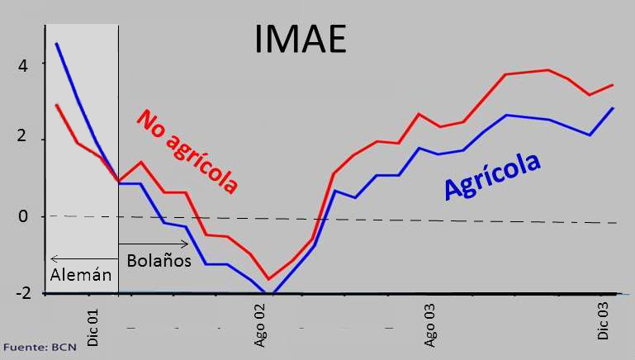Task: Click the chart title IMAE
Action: [x=298, y=38]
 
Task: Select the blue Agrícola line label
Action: [x=492, y=176]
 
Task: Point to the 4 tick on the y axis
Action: [x=23, y=64]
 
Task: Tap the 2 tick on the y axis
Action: [x=23, y=139]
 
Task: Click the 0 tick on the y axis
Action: [x=23, y=216]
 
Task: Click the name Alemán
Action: [x=80, y=276]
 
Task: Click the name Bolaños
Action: [x=159, y=260]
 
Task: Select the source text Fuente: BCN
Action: [x=40, y=347]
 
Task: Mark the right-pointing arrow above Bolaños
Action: [x=154, y=244]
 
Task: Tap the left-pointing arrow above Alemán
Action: [x=83, y=258]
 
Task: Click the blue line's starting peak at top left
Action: [x=56, y=43]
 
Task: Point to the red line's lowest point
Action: [x=268, y=279]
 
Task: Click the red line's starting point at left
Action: [x=56, y=105]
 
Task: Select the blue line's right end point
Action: [x=613, y=107]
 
